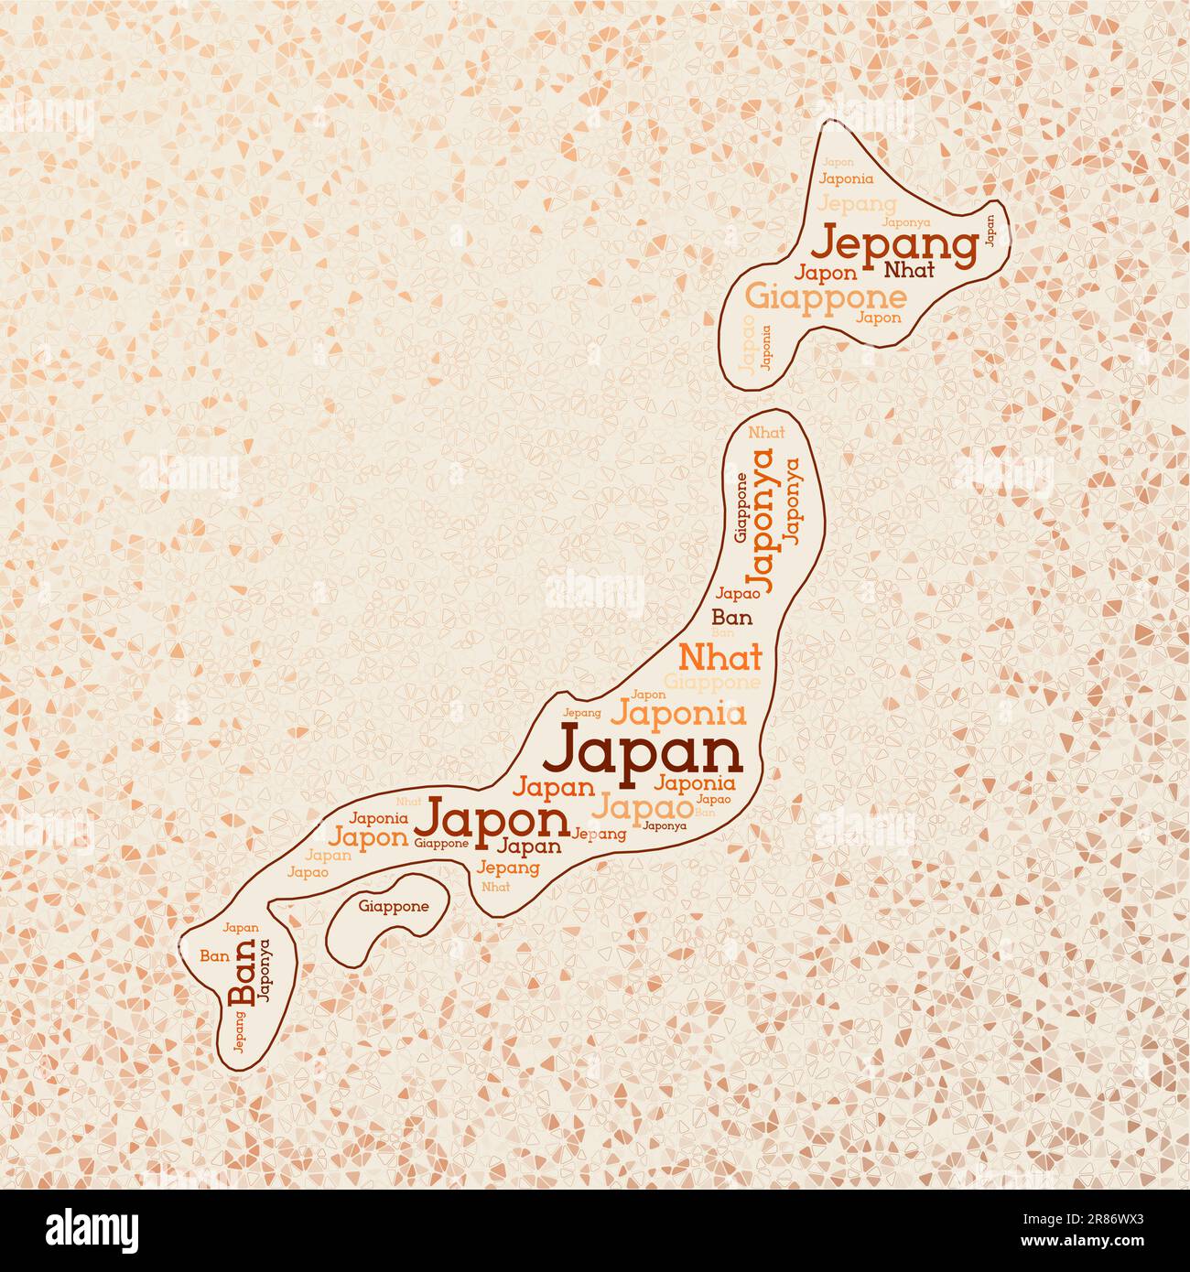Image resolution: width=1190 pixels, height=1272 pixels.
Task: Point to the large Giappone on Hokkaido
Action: tap(826, 296)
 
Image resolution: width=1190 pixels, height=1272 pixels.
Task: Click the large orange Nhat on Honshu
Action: tap(719, 657)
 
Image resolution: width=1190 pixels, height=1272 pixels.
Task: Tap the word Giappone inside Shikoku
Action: tap(394, 907)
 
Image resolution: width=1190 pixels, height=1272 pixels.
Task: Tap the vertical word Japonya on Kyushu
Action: tap(265, 973)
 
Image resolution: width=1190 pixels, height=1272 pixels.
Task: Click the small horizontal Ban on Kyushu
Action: tap(214, 955)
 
